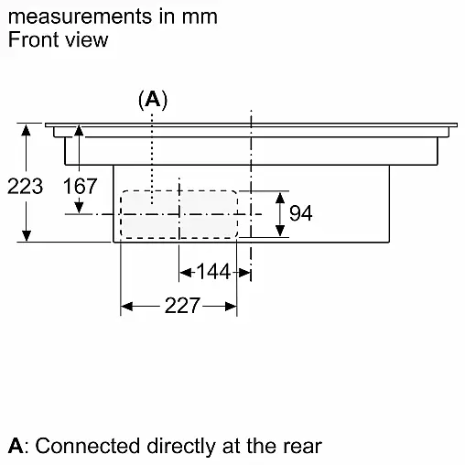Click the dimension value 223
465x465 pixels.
25,186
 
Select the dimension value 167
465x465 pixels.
80,186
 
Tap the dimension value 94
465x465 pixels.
301,213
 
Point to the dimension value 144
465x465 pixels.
213,272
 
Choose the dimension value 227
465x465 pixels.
182,306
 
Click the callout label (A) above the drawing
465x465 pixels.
153,100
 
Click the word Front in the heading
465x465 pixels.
33,39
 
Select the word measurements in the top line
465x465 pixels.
80,16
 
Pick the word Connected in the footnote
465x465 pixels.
88,446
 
